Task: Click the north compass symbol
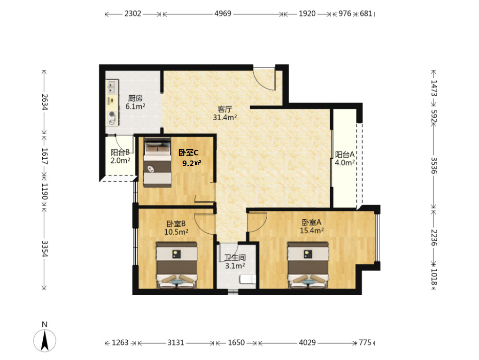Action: point(45,340)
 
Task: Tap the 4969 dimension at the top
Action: point(223,14)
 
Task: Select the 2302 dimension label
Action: point(133,14)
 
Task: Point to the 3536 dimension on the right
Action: point(434,166)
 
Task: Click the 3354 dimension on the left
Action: point(45,249)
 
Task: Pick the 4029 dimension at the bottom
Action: point(307,343)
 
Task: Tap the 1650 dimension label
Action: point(236,343)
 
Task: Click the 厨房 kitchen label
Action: point(135,98)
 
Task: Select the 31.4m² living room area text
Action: point(225,117)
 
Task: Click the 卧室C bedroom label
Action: point(188,153)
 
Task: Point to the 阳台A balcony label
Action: point(345,154)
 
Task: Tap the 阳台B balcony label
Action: point(120,152)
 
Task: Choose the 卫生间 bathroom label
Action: point(235,258)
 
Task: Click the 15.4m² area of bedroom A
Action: point(312,230)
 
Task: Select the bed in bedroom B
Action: point(177,265)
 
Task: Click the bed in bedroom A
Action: point(308,265)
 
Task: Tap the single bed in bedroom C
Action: point(157,162)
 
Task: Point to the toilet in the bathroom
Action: point(248,279)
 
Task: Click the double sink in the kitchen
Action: point(112,87)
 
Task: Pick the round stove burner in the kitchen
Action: point(112,115)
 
